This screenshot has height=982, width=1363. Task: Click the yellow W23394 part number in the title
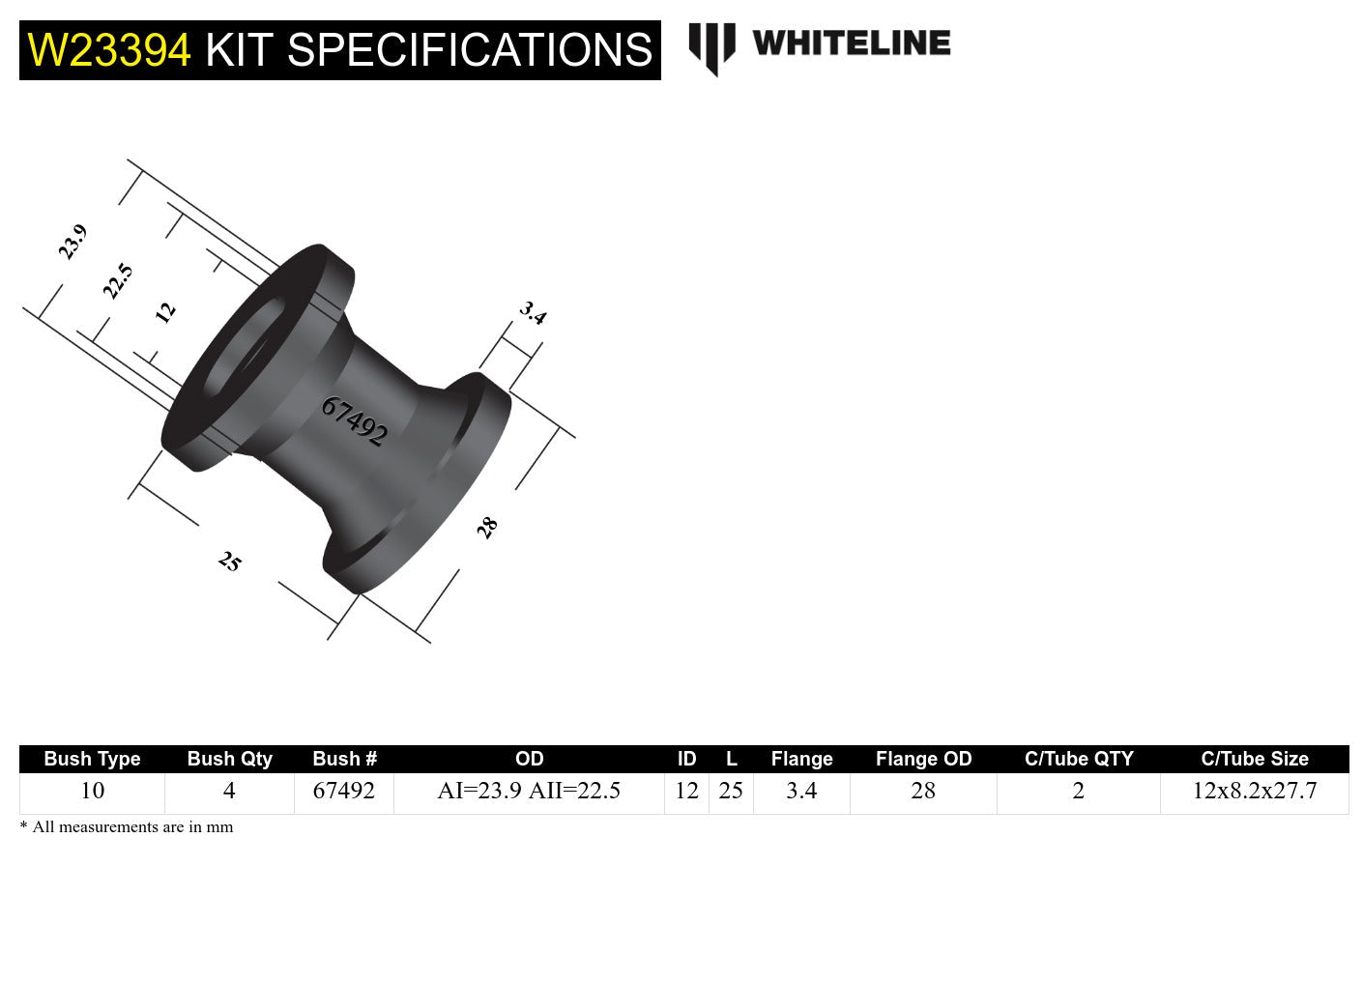tap(109, 50)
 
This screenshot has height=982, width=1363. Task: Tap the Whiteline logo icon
tap(711, 47)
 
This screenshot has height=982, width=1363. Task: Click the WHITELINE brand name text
tap(851, 43)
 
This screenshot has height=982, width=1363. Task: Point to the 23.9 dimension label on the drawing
tap(72, 242)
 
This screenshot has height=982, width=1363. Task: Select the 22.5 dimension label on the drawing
tap(117, 281)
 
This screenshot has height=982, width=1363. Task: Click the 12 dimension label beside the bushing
tap(165, 312)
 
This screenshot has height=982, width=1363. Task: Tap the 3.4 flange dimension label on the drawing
tap(533, 312)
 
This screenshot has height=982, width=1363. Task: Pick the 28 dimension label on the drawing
tap(487, 528)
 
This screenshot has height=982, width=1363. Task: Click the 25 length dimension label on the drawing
tap(230, 562)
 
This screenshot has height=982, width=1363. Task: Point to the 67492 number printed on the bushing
tap(354, 421)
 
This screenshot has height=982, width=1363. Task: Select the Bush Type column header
tap(92, 759)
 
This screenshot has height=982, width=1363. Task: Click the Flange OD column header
tap(923, 759)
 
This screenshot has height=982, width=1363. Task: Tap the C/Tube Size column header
tap(1254, 759)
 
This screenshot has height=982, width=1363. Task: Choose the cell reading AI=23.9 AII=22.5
tap(529, 791)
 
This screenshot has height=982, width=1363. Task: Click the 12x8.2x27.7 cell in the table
tap(1254, 791)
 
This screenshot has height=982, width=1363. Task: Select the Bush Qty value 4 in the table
tap(229, 791)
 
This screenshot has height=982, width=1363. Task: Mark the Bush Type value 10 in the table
tap(92, 791)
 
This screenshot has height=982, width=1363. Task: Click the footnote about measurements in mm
tap(127, 827)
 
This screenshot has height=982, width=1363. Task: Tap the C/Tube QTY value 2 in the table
tap(1078, 791)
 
